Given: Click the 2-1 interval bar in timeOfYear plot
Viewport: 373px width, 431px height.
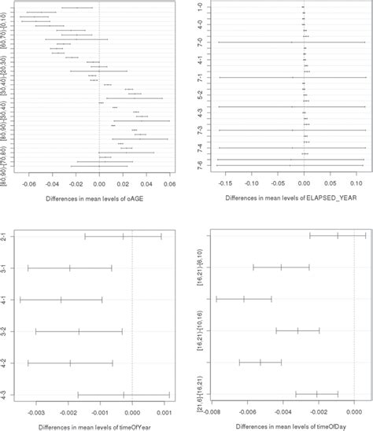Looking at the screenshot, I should pos(123,236).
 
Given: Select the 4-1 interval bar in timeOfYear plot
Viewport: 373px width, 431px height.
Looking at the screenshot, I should pos(61,300).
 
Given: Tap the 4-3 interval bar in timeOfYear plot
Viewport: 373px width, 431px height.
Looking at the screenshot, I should pos(124,395).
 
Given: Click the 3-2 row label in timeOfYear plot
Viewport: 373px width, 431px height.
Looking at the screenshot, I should pos(6,331).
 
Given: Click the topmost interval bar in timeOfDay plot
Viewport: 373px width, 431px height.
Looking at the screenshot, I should pos(338,235).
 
